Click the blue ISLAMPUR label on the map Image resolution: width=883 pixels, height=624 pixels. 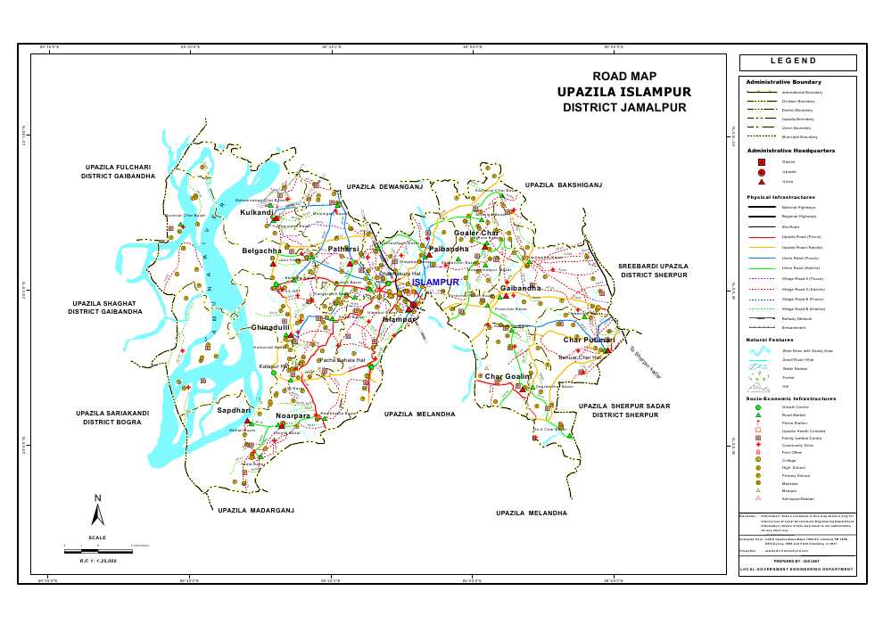(x=435, y=282)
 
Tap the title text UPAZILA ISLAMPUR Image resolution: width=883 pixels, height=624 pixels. (x=623, y=92)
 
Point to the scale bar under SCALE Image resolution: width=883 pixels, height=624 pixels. (x=98, y=552)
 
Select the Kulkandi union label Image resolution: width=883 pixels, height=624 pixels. (x=257, y=213)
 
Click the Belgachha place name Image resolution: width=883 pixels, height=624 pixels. (x=261, y=251)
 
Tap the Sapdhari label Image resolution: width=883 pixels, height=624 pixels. (x=234, y=410)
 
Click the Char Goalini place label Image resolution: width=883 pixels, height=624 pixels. (x=508, y=377)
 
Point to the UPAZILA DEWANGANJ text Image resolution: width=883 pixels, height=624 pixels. (x=384, y=187)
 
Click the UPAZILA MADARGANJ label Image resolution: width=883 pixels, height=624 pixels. (x=256, y=510)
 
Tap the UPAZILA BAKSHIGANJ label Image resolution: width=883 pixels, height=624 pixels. (x=565, y=185)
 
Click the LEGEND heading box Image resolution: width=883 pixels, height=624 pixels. (x=797, y=62)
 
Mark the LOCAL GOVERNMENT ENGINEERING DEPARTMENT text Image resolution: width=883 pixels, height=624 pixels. (x=797, y=569)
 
